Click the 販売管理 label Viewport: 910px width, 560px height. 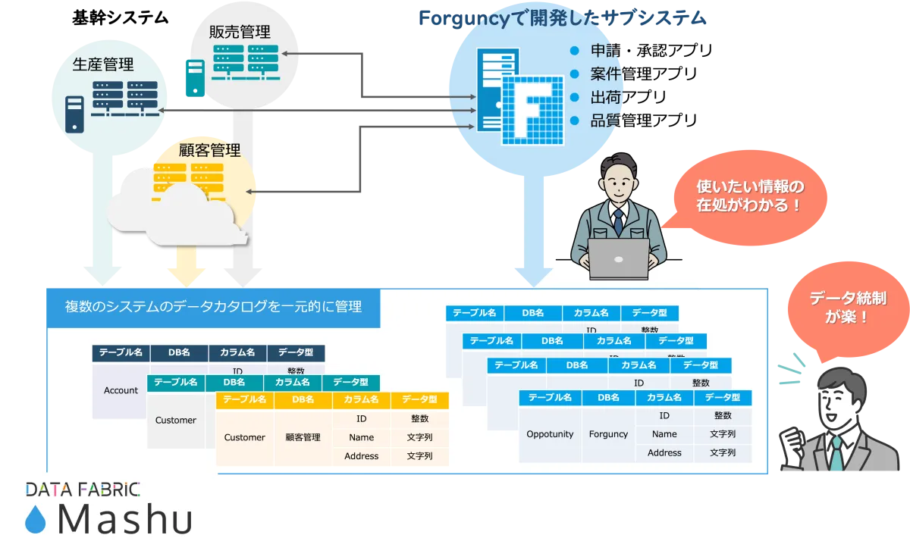[x=240, y=32]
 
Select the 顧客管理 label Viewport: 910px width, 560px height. [x=209, y=150]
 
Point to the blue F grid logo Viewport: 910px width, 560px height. [x=535, y=111]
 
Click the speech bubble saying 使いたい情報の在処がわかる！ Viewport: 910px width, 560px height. [x=749, y=196]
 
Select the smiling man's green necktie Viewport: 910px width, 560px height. [x=835, y=453]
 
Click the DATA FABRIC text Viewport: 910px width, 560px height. [x=83, y=490]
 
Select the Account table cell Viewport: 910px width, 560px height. [x=121, y=390]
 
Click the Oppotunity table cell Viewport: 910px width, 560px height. [x=550, y=434]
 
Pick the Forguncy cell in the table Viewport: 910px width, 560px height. [x=608, y=434]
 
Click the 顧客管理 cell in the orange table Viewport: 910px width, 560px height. [x=303, y=437]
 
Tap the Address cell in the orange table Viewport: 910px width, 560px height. [x=361, y=456]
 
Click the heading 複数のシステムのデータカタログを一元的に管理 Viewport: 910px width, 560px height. [x=213, y=307]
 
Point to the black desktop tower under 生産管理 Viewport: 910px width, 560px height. [x=74, y=114]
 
